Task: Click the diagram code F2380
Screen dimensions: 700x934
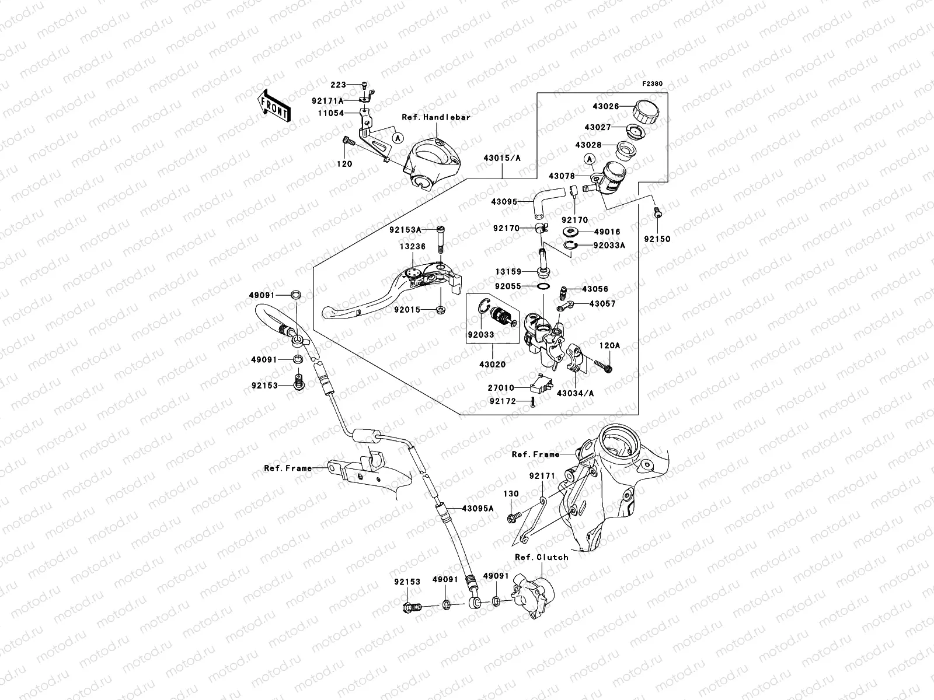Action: [x=653, y=84]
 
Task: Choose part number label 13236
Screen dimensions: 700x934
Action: [x=413, y=247]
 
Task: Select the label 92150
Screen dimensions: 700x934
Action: [x=657, y=239]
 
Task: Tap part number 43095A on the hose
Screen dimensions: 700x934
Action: [x=478, y=508]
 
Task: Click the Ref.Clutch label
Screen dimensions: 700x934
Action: [x=541, y=557]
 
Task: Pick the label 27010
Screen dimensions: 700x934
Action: [x=500, y=387]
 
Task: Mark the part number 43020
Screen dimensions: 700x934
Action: [x=492, y=365]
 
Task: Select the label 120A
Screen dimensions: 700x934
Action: [x=609, y=346]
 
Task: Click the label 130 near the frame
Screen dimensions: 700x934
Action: [x=511, y=494]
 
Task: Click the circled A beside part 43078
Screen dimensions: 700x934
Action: [x=590, y=159]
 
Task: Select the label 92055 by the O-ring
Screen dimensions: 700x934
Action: [x=507, y=287]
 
